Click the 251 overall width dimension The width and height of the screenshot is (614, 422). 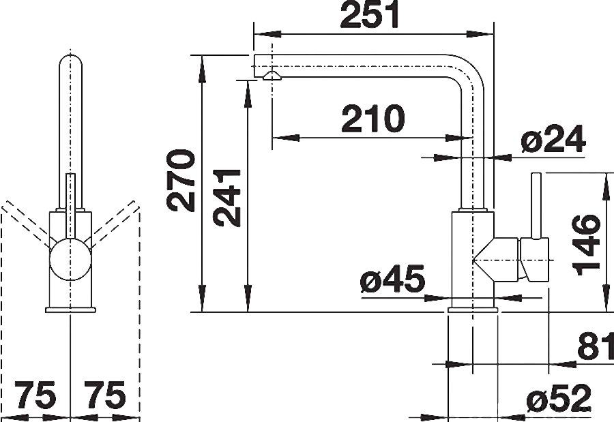click(x=370, y=15)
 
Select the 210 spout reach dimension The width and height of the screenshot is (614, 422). click(x=372, y=120)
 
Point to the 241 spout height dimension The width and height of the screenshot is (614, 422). click(x=226, y=197)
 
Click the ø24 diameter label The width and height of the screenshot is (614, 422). click(x=553, y=140)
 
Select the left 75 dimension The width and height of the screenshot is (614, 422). click(x=35, y=397)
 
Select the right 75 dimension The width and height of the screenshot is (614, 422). click(x=105, y=397)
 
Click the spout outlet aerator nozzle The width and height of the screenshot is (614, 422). click(x=271, y=76)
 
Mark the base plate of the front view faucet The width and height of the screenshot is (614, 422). click(x=70, y=310)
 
